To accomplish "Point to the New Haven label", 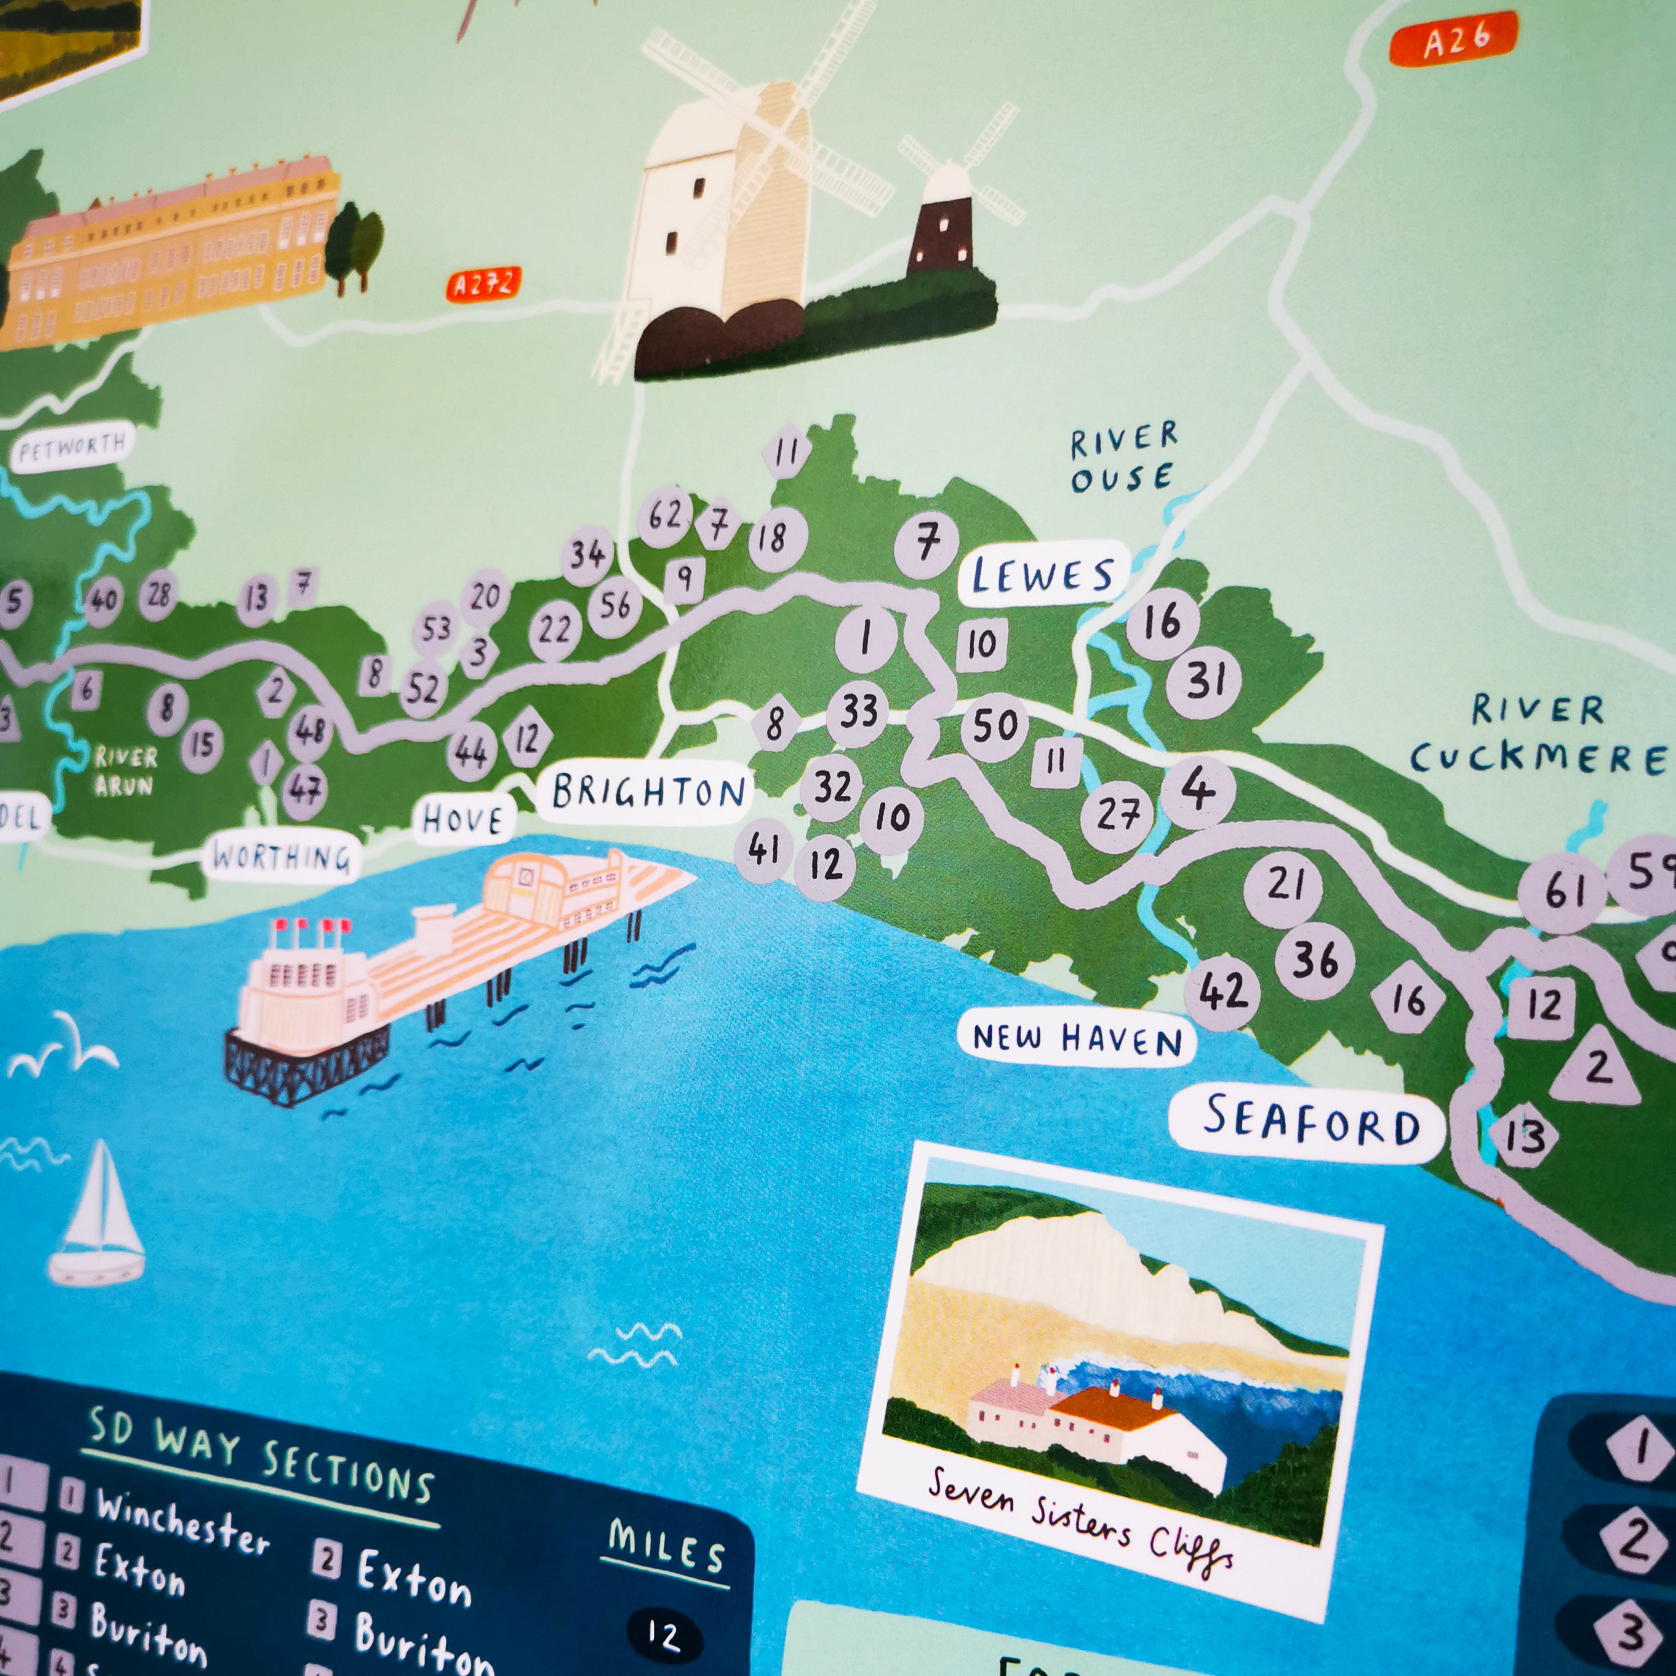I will click(1076, 1036).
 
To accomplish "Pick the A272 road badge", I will click(483, 284).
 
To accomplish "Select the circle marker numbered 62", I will click(665, 515).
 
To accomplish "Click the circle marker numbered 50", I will click(994, 725).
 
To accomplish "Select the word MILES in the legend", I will click(665, 1547).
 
